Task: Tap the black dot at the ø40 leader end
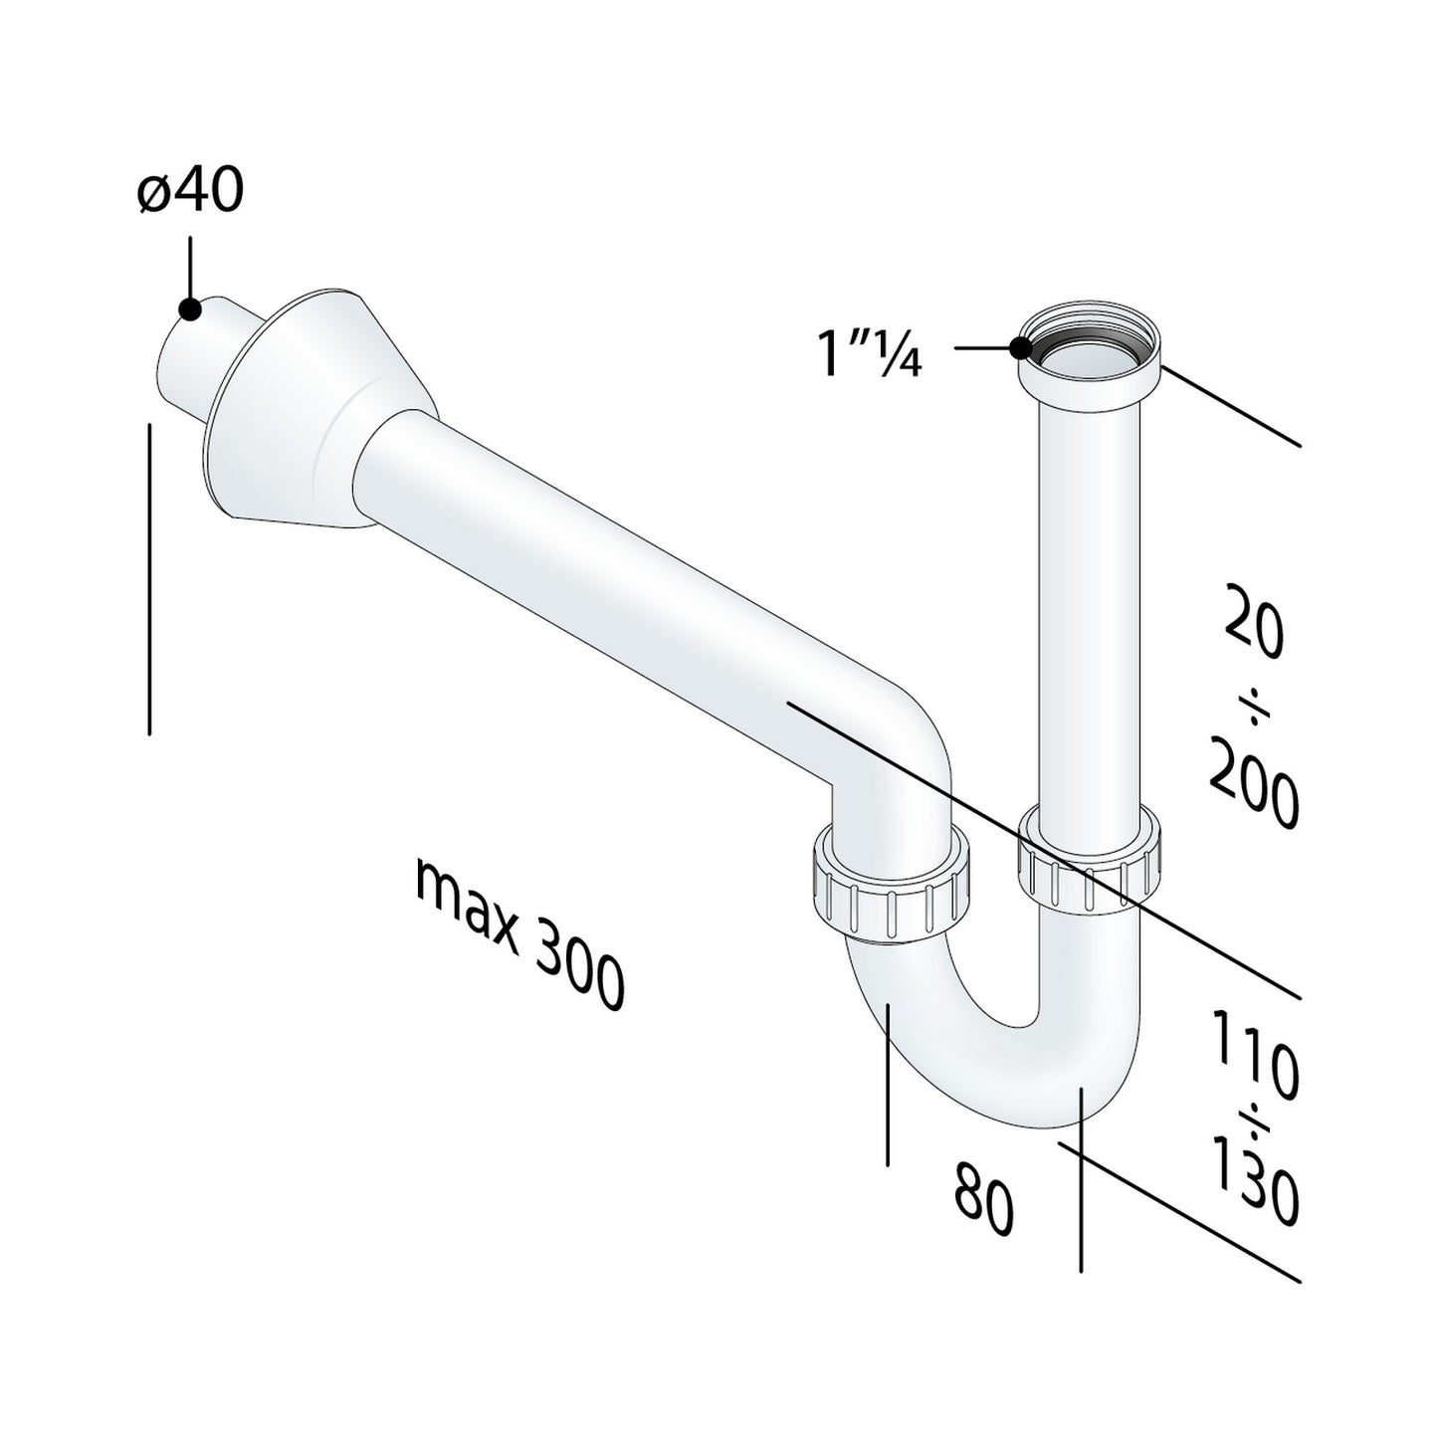pyautogui.click(x=189, y=308)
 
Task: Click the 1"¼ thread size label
pyautogui.click(x=870, y=354)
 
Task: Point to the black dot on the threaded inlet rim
pyautogui.click(x=1020, y=348)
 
